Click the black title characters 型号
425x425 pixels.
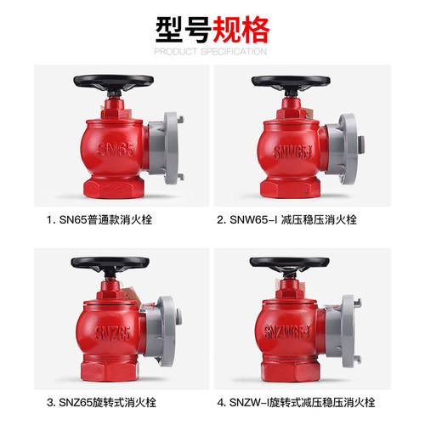[184, 30]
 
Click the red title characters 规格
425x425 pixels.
[241, 30]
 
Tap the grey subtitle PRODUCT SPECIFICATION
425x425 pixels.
[211, 52]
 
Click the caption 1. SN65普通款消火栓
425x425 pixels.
[99, 220]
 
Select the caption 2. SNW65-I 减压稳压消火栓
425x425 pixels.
[286, 220]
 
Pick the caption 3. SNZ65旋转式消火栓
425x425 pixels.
[101, 402]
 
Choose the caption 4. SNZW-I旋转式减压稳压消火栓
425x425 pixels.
[296, 402]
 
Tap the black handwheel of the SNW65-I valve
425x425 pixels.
[291, 82]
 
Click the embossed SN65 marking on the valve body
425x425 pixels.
[116, 149]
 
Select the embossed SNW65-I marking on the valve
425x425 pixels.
[293, 152]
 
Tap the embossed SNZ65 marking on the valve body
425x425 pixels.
[113, 332]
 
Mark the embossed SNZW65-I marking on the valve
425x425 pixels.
[287, 331]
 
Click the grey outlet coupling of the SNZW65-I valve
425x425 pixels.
[343, 331]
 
